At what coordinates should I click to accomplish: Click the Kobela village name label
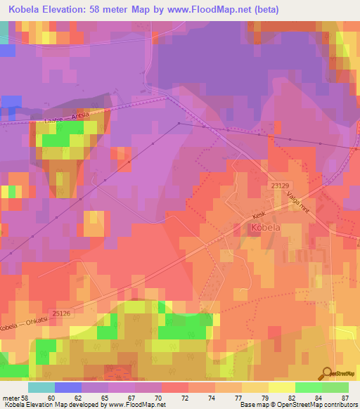coord(266,228)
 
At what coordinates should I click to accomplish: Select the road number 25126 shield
coord(63,313)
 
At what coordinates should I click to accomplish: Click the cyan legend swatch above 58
coord(41,387)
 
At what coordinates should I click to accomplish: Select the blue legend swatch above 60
coord(68,387)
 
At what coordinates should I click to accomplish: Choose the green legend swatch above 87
coord(335,387)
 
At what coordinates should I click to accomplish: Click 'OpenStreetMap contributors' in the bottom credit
coord(317,405)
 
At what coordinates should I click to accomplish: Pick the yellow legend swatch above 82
coord(282,387)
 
